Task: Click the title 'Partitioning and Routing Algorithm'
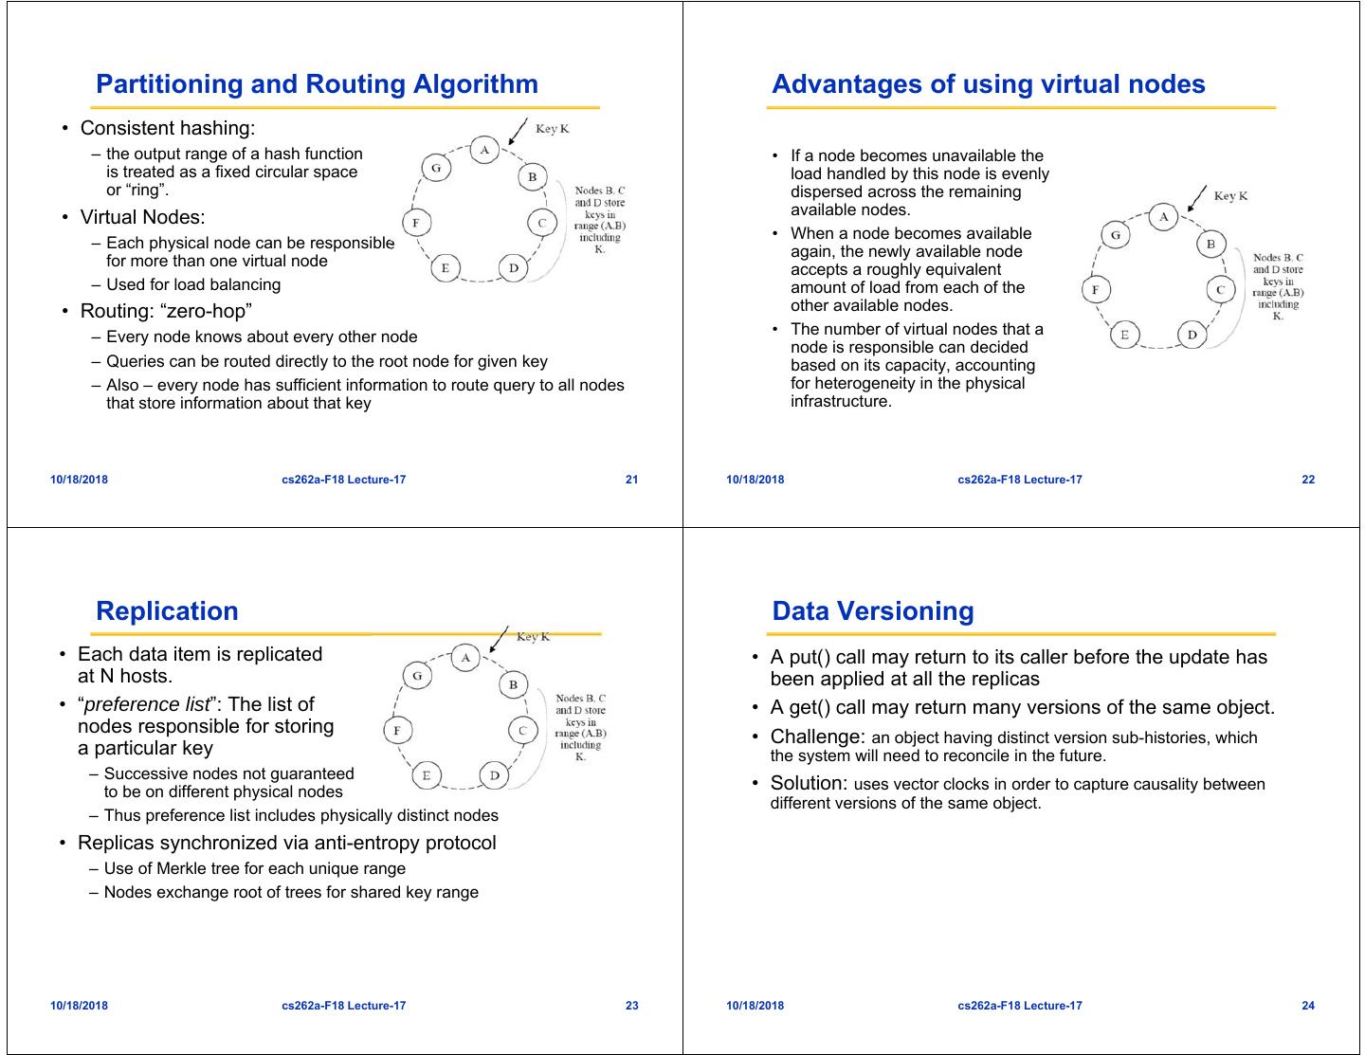pyautogui.click(x=317, y=84)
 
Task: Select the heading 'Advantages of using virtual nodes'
pyautogui.click(x=989, y=84)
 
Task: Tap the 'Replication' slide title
pyautogui.click(x=167, y=611)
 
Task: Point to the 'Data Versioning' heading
pyautogui.click(x=873, y=611)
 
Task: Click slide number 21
pyautogui.click(x=632, y=480)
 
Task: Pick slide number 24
pyautogui.click(x=1308, y=1006)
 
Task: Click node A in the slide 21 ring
pyautogui.click(x=484, y=150)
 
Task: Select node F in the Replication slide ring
pyautogui.click(x=397, y=730)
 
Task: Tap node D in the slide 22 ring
pyautogui.click(x=1192, y=335)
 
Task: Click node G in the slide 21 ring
pyautogui.click(x=436, y=169)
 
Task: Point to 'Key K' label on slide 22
pyautogui.click(x=1230, y=196)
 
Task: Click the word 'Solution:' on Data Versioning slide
pyautogui.click(x=809, y=784)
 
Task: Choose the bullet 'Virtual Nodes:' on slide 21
pyautogui.click(x=142, y=217)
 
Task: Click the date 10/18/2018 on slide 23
pyautogui.click(x=79, y=1006)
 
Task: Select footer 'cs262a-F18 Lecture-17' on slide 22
pyautogui.click(x=1019, y=480)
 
